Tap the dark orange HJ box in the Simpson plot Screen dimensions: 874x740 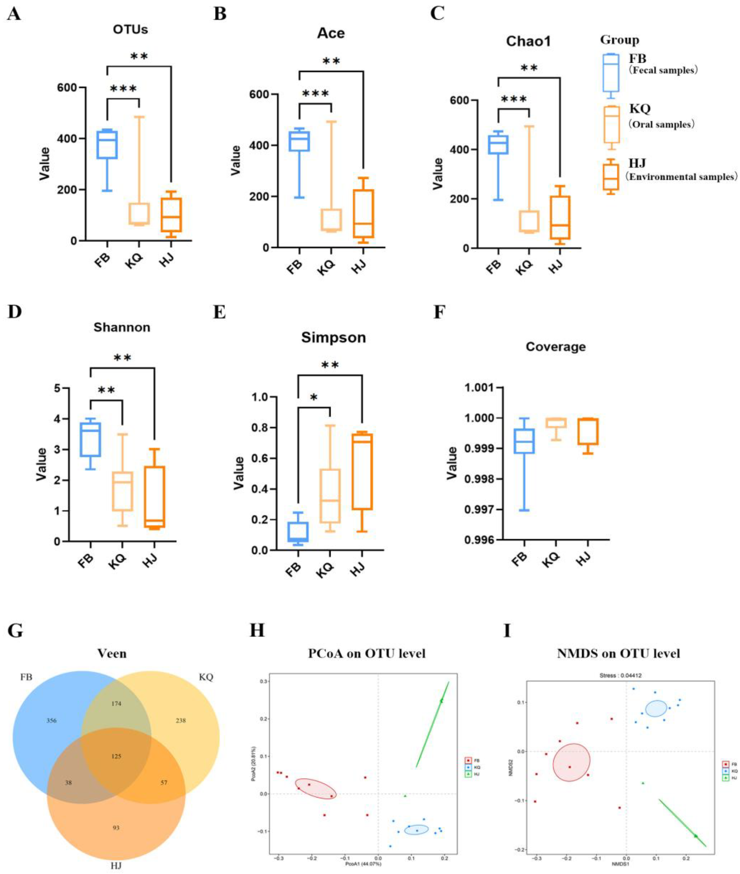click(x=362, y=472)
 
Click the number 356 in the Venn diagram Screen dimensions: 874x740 click(x=51, y=720)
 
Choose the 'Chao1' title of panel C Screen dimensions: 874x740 click(x=528, y=41)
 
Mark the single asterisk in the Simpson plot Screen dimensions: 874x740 click(x=314, y=397)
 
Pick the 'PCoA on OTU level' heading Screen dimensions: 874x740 click(x=367, y=653)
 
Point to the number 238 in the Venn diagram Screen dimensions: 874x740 click(x=181, y=720)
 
